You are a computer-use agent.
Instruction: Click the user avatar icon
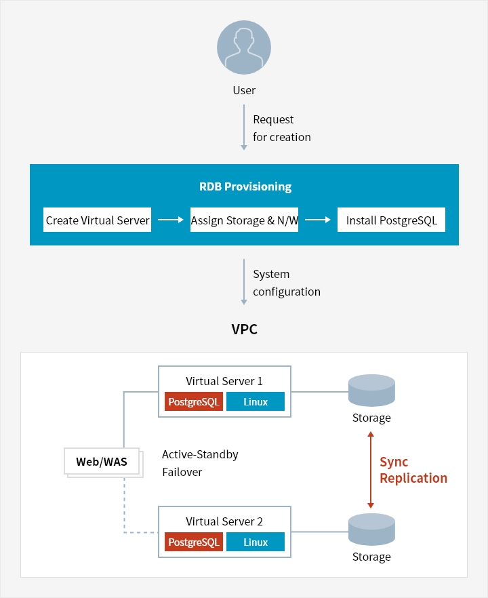click(x=244, y=48)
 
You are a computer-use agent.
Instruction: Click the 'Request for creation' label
click(x=281, y=128)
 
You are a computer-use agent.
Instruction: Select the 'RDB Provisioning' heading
click(x=244, y=186)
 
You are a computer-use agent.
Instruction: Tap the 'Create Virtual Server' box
click(x=98, y=220)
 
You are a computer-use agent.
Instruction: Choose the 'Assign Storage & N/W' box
click(x=244, y=220)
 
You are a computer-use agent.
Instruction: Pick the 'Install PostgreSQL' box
click(x=391, y=220)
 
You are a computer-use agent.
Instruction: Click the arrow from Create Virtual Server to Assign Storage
click(x=170, y=220)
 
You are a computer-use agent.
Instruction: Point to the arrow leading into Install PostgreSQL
click(x=317, y=220)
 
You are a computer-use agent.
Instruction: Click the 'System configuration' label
click(x=286, y=283)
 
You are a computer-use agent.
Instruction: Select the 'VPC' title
click(x=244, y=330)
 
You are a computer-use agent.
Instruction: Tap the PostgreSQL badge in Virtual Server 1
click(x=194, y=402)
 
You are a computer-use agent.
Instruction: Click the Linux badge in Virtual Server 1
click(x=256, y=402)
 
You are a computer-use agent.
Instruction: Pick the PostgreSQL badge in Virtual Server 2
click(x=194, y=542)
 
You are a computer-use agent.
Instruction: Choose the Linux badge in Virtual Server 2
click(x=256, y=542)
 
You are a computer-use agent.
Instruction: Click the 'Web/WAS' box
click(x=102, y=462)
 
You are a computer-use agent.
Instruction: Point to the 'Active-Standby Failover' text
click(x=200, y=463)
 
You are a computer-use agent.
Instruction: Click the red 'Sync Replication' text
click(x=413, y=470)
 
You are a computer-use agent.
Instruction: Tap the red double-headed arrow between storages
click(x=370, y=470)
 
